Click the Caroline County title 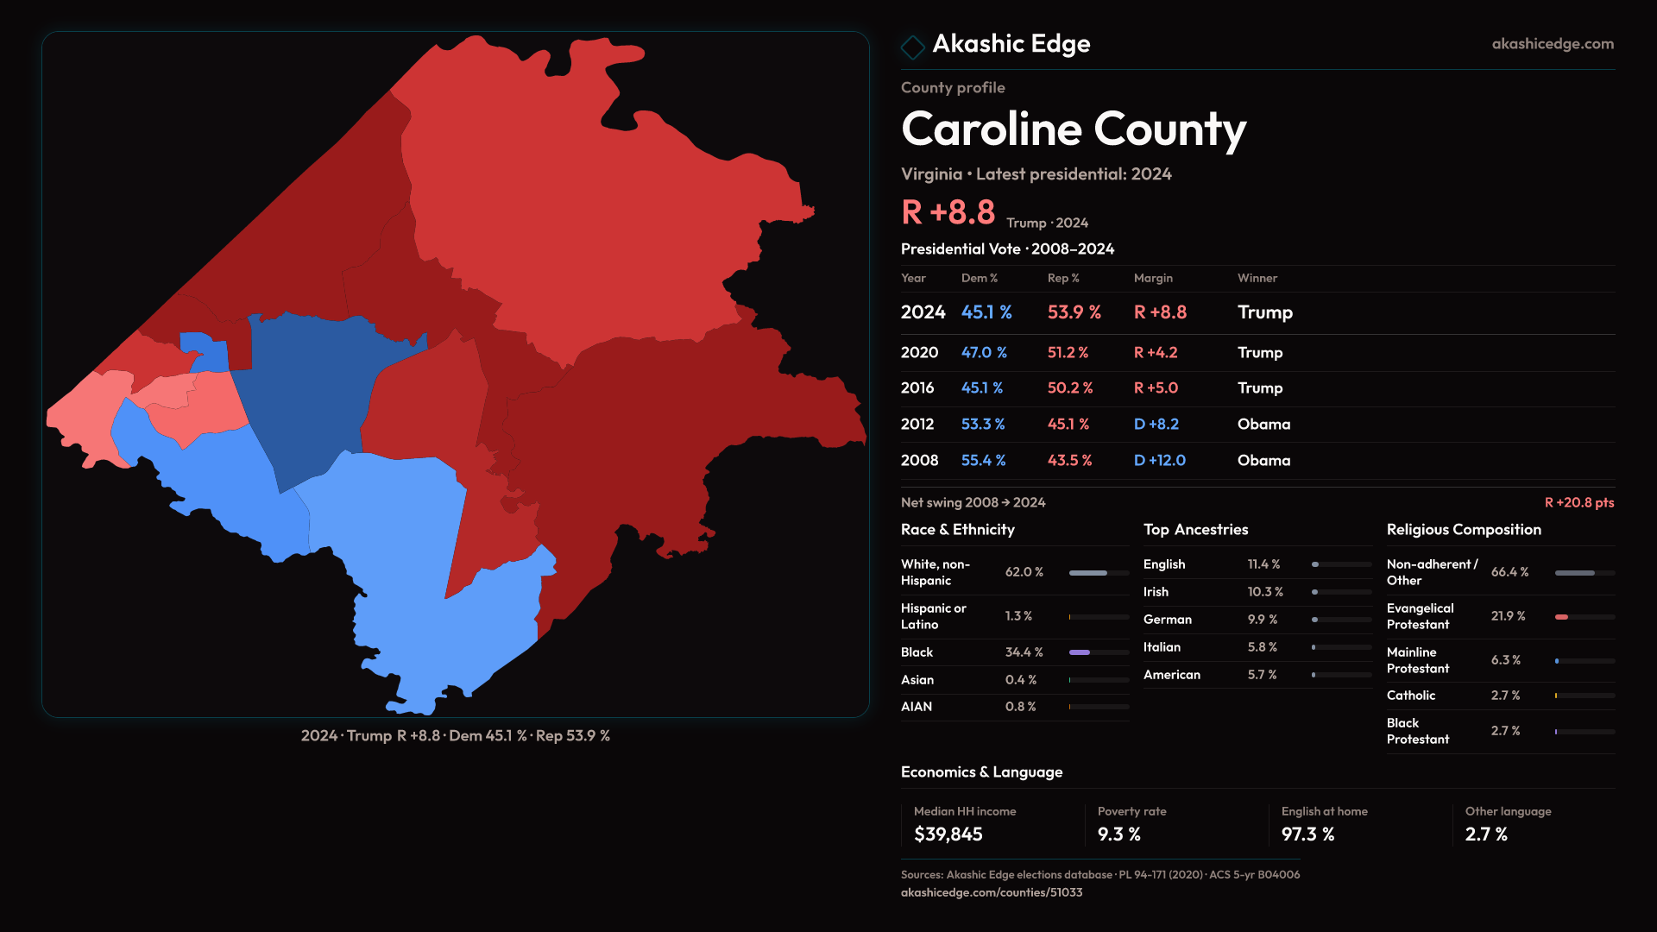pyautogui.click(x=1074, y=129)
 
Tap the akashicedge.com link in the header pyautogui.click(x=1553, y=44)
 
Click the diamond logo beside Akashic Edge pyautogui.click(x=912, y=47)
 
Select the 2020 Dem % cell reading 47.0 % pyautogui.click(x=984, y=353)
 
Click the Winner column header pyautogui.click(x=1257, y=278)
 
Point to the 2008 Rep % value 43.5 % pyautogui.click(x=1069, y=461)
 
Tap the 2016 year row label pyautogui.click(x=917, y=388)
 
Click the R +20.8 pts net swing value pyautogui.click(x=1578, y=502)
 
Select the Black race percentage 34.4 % pyautogui.click(x=1024, y=652)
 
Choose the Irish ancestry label pyautogui.click(x=1156, y=592)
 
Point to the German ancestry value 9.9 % pyautogui.click(x=1262, y=620)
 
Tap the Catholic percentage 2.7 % pyautogui.click(x=1505, y=696)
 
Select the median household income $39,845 pyautogui.click(x=948, y=834)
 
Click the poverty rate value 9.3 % pyautogui.click(x=1118, y=834)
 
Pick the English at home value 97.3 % pyautogui.click(x=1307, y=834)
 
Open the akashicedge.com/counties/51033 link pyautogui.click(x=991, y=892)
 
